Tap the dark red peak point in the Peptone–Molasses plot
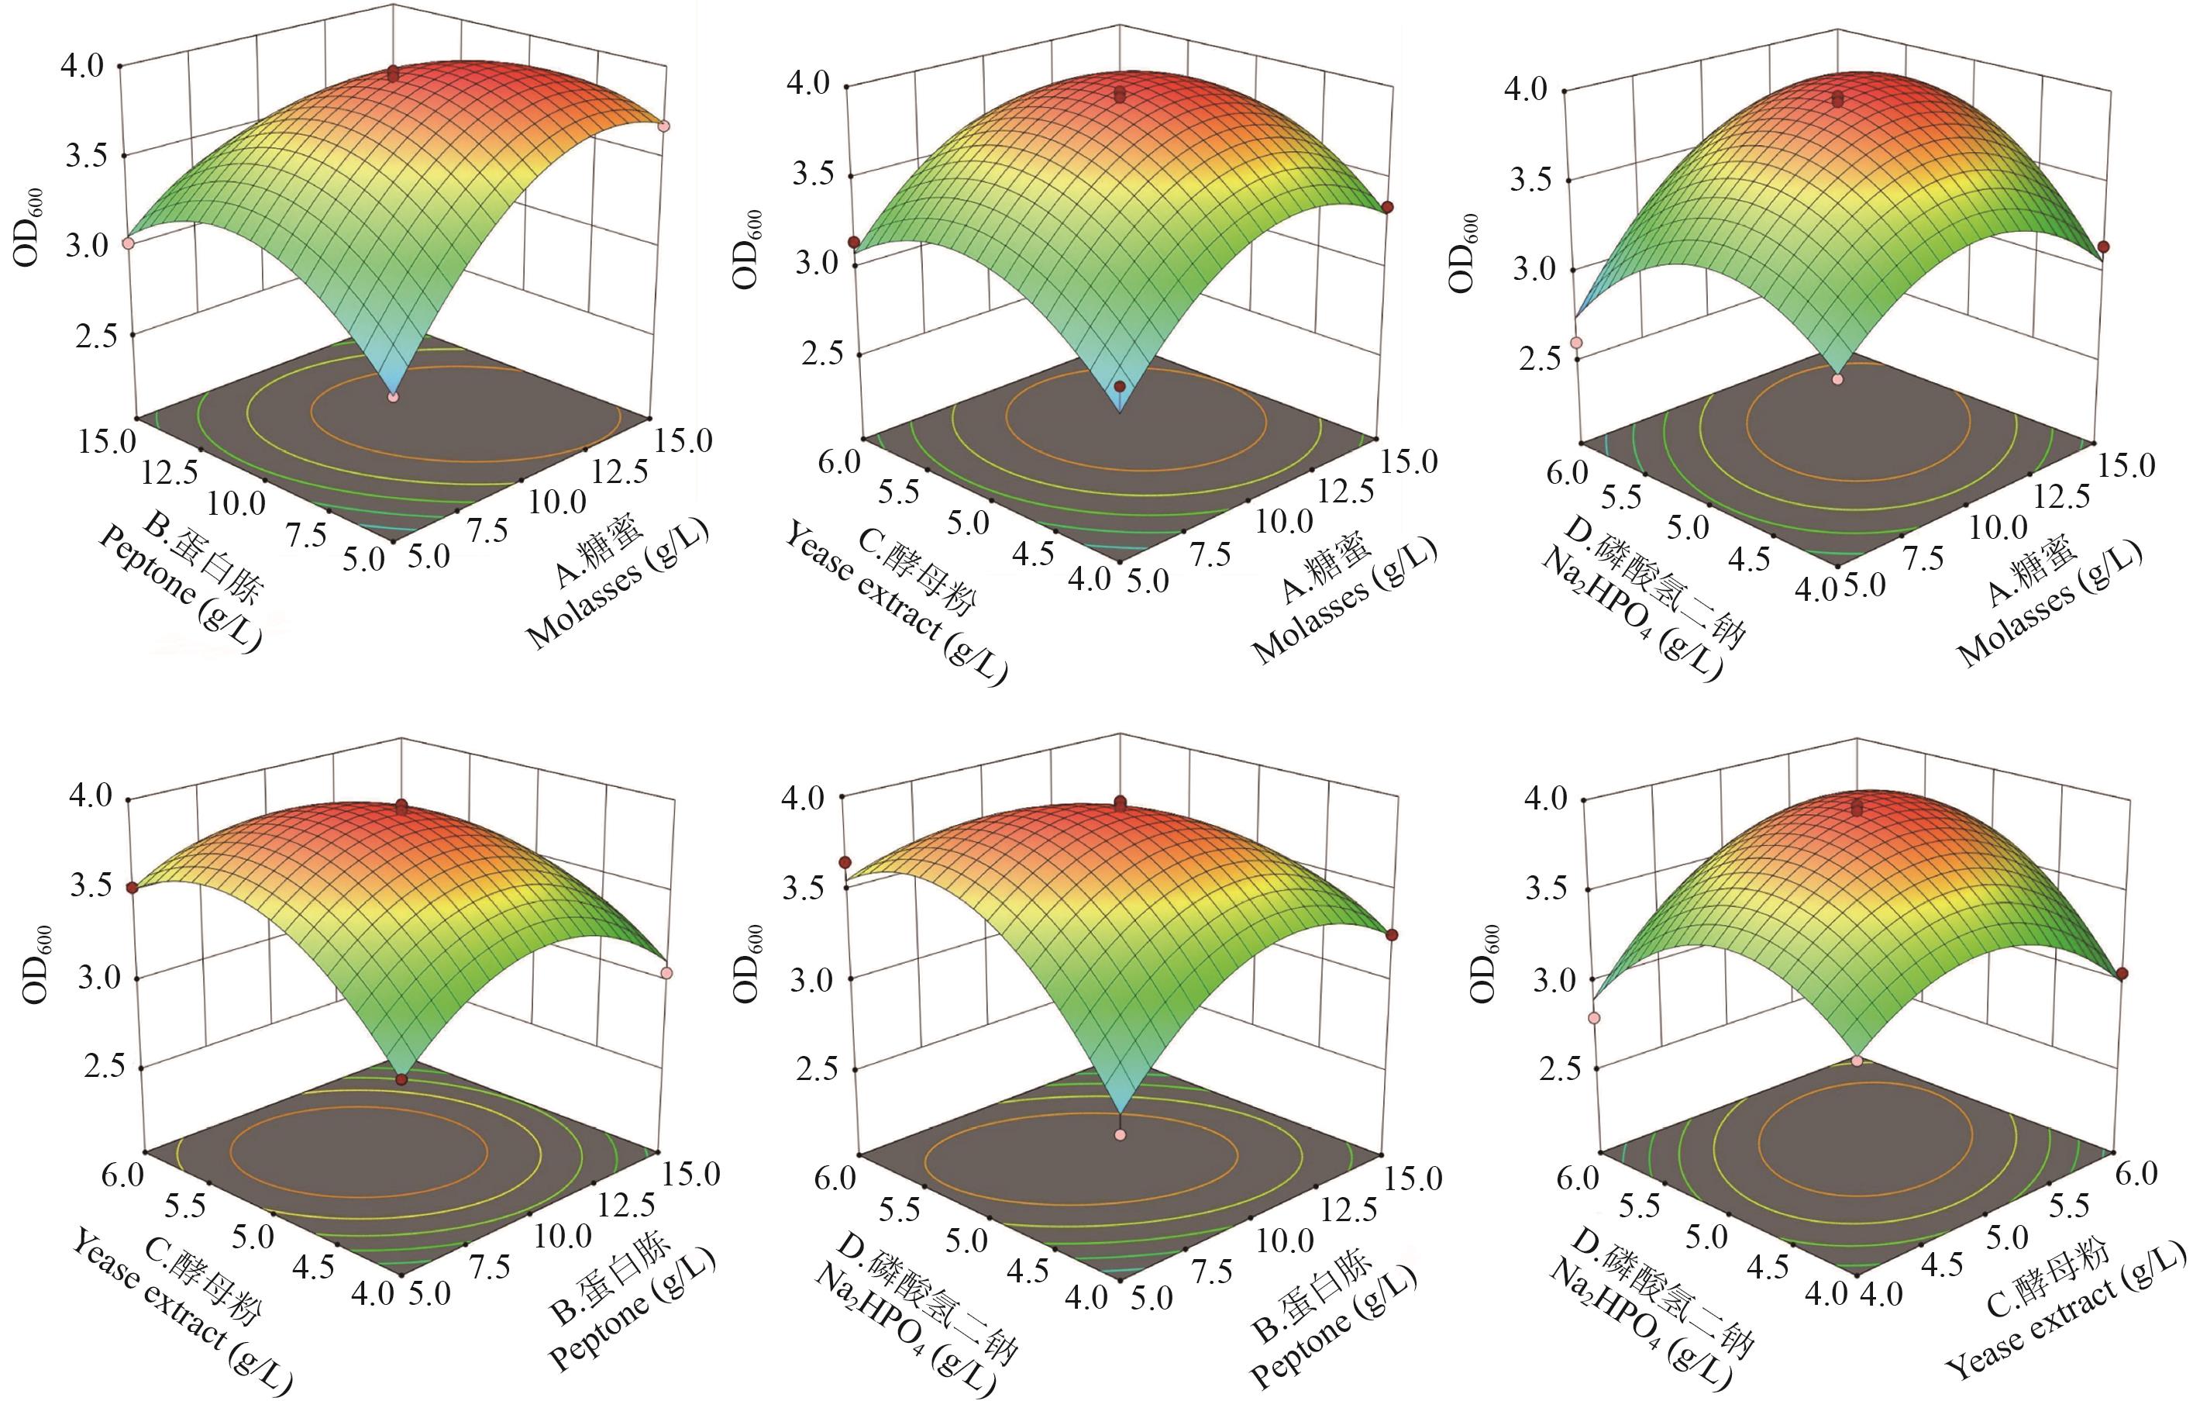pos(393,74)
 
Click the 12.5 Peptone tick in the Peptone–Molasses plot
pos(170,473)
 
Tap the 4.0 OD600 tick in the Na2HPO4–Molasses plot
pos(1534,89)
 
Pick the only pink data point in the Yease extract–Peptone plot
pos(666,973)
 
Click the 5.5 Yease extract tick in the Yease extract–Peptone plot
pos(188,1205)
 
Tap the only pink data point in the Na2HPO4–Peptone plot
pos(1121,1135)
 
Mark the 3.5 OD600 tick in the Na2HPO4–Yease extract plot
pos(1545,889)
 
